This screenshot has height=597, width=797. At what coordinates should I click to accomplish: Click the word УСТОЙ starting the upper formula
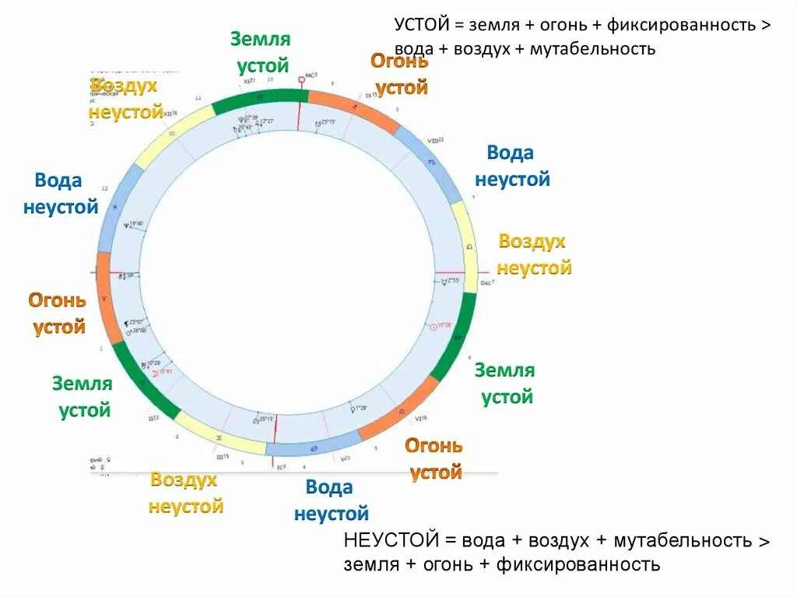(420, 24)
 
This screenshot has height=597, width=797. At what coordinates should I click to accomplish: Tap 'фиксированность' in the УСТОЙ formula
(683, 24)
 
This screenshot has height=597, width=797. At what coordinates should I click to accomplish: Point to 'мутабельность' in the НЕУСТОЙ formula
(681, 540)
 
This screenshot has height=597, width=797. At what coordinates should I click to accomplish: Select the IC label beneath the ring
(281, 466)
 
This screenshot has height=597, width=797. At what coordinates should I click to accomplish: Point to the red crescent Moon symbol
(155, 373)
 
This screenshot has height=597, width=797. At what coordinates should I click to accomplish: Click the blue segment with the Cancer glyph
(311, 449)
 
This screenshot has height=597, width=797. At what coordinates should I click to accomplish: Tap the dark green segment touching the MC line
(257, 100)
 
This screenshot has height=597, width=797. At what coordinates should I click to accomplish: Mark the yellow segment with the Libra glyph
(467, 245)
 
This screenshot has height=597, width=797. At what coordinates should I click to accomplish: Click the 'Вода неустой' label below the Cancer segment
(330, 500)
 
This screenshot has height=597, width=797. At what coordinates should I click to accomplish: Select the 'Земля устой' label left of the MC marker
(260, 52)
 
